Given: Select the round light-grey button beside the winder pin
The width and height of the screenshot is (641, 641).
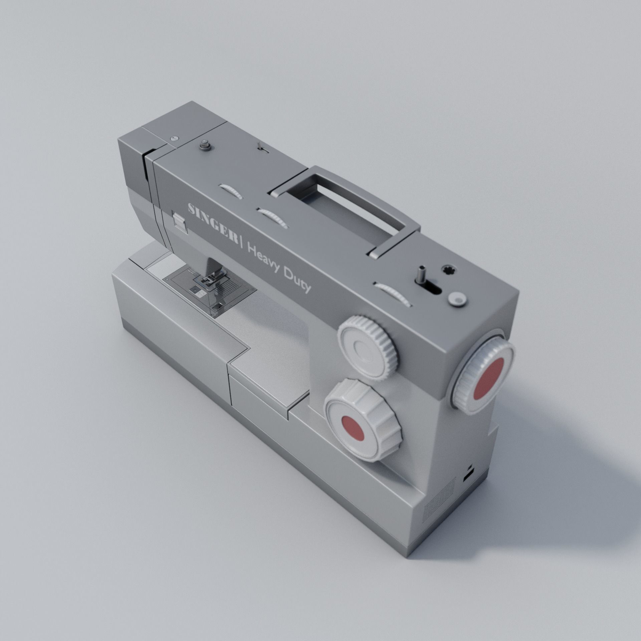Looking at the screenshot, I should click(x=457, y=298).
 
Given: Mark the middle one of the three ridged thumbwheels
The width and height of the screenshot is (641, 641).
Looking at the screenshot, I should click(x=273, y=218).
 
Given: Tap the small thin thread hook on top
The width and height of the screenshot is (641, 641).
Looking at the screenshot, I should click(x=260, y=147).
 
